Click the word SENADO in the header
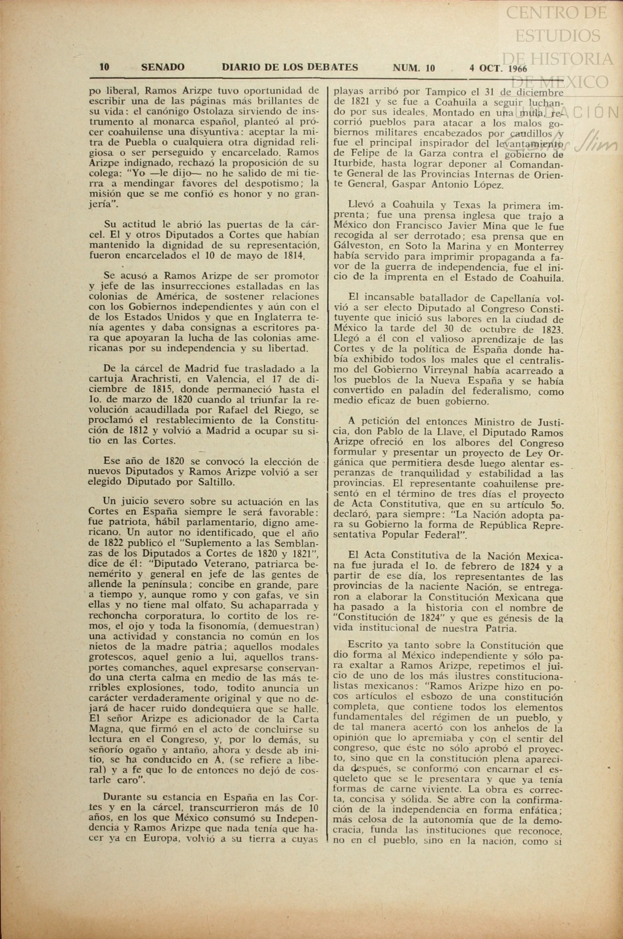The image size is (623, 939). click(163, 68)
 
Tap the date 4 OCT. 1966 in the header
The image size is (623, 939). click(498, 68)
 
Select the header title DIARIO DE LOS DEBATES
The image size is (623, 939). click(290, 67)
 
